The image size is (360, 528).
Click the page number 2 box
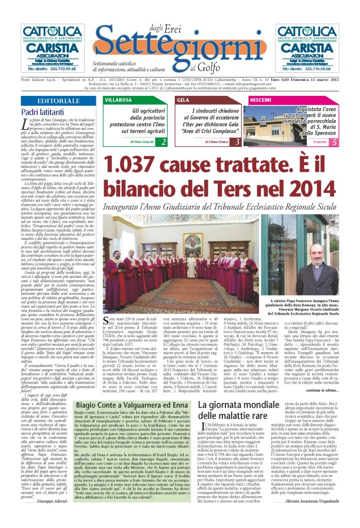click(x=163, y=141)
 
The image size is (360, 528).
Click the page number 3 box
click(x=237, y=141)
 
